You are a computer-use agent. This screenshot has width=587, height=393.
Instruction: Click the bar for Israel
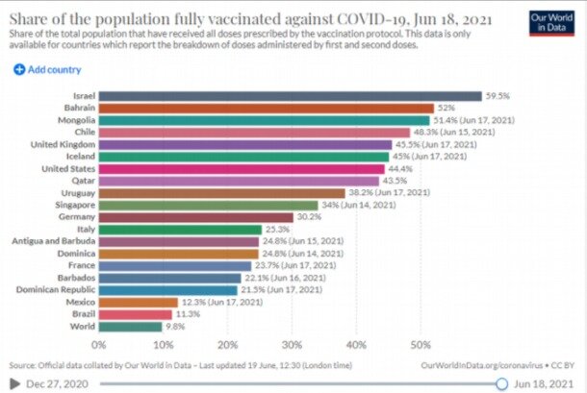pyautogui.click(x=290, y=96)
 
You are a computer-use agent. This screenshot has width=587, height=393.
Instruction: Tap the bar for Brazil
pyautogui.click(x=135, y=313)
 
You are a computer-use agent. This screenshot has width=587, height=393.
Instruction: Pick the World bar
pyautogui.click(x=130, y=327)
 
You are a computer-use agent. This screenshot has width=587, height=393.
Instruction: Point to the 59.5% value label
pyautogui.click(x=498, y=96)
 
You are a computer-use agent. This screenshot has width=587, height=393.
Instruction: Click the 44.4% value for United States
pyautogui.click(x=399, y=168)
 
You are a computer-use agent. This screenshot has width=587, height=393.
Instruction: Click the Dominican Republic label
pyautogui.click(x=54, y=289)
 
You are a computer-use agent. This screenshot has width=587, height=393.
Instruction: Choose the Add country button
pyautogui.click(x=47, y=69)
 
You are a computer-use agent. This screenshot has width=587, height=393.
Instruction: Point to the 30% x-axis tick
pyautogui.click(x=291, y=343)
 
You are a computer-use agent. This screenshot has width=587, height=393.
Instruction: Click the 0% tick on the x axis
pyautogui.click(x=99, y=343)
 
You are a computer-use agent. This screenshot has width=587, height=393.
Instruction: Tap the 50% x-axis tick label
pyautogui.click(x=420, y=343)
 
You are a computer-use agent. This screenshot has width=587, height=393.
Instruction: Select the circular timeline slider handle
pyautogui.click(x=501, y=382)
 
